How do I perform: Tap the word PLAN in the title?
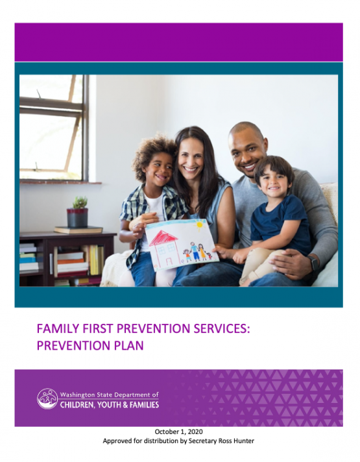(x=131, y=345)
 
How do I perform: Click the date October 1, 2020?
(x=178, y=432)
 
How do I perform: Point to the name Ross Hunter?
(x=238, y=441)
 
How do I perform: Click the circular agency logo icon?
(x=47, y=398)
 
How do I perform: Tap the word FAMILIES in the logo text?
(x=144, y=404)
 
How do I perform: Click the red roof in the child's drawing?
(x=163, y=237)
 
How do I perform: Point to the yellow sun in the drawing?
(x=199, y=225)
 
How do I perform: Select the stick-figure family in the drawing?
(x=197, y=252)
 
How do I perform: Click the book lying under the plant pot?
(x=78, y=230)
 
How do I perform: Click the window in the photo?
(x=54, y=128)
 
